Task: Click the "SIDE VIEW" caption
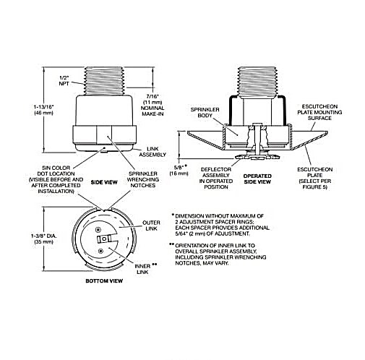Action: click(x=104, y=182)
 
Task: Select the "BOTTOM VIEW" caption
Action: click(x=104, y=281)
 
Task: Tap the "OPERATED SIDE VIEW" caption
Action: click(x=257, y=179)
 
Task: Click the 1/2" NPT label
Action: click(x=64, y=81)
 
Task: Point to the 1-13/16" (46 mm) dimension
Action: click(x=43, y=110)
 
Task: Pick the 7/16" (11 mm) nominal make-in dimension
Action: click(x=153, y=105)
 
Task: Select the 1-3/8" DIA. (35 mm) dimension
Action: click(x=44, y=239)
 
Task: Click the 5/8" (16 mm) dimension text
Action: click(x=179, y=170)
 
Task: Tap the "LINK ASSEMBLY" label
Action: click(x=153, y=152)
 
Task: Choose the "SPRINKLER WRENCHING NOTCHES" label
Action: click(x=143, y=179)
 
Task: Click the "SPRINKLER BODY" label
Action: click(x=205, y=113)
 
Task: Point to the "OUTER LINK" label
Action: click(x=151, y=226)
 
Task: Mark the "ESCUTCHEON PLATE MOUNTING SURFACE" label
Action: click(x=319, y=112)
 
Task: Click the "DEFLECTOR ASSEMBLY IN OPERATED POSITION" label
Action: click(x=216, y=179)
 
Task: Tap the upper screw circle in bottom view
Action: click(x=98, y=229)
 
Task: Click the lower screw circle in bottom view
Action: click(x=100, y=252)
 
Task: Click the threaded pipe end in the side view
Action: click(x=104, y=80)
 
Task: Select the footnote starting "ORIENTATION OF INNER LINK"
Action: click(x=218, y=254)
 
